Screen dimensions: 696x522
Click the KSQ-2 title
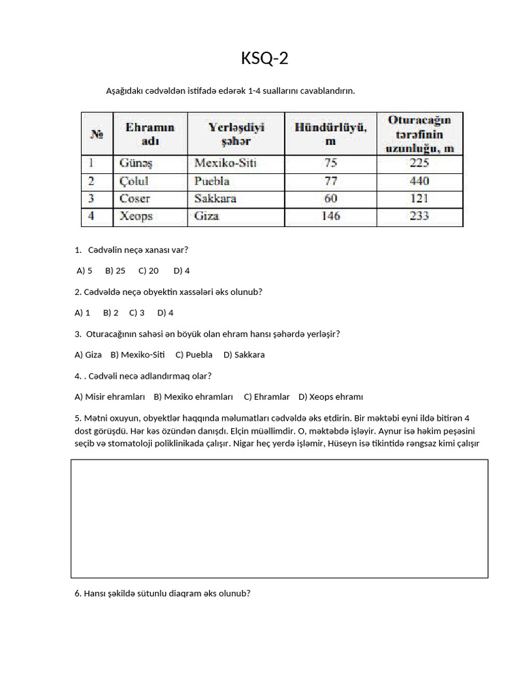[264, 59]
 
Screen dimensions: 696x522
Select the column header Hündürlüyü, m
[330, 133]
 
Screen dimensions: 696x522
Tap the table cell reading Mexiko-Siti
[226, 164]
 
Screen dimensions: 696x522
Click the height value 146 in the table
[330, 216]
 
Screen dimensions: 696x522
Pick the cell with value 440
[419, 181]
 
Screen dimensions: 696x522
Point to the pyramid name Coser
[135, 199]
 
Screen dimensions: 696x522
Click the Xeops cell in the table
[136, 216]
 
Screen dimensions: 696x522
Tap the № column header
[97, 133]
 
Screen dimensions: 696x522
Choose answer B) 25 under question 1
[115, 271]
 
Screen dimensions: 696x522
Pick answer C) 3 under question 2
[137, 313]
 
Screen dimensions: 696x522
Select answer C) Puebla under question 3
[194, 355]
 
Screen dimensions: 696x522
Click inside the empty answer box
[279, 518]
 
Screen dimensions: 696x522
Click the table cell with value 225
[419, 164]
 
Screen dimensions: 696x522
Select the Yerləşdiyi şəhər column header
[235, 133]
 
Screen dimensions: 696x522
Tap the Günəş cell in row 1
[136, 164]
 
